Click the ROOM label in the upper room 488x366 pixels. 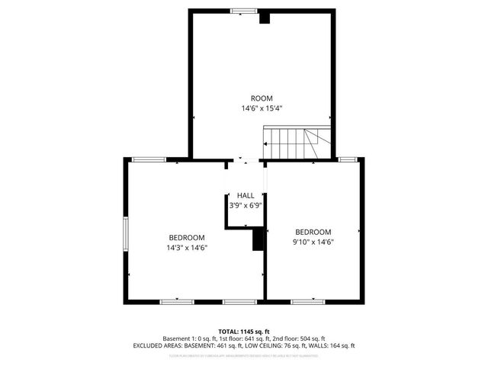(262, 98)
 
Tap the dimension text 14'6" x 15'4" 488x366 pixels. (262, 109)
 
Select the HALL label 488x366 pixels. (246, 196)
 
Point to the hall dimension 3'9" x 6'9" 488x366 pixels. (246, 206)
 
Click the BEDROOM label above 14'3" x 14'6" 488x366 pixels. (187, 236)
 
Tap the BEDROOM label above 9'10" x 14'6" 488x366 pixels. (313, 232)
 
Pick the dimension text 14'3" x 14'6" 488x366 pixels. (187, 247)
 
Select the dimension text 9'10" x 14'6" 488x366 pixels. (313, 242)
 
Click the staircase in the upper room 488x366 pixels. (297, 143)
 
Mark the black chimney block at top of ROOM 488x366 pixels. (265, 18)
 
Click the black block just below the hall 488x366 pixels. (258, 239)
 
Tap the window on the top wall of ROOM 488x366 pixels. (244, 11)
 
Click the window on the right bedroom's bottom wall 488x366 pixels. (307, 302)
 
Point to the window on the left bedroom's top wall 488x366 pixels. (149, 159)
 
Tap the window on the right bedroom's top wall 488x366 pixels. (348, 159)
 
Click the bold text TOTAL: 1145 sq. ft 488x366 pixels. (244, 331)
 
